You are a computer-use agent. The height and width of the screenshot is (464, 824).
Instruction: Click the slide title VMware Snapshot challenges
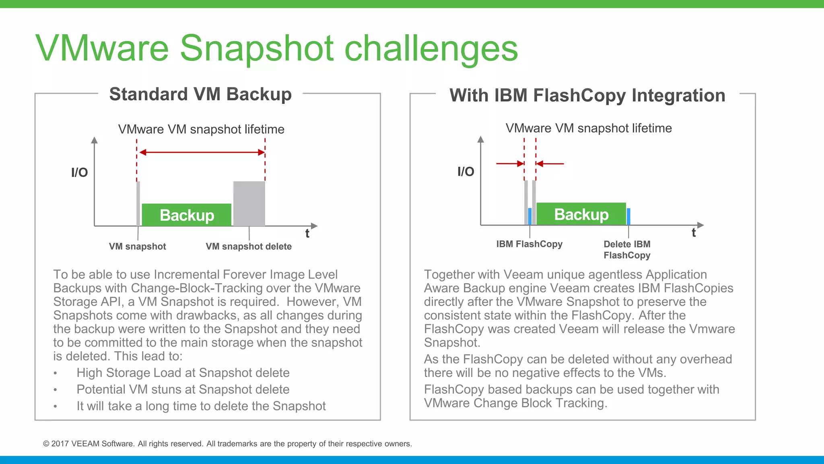[x=277, y=48]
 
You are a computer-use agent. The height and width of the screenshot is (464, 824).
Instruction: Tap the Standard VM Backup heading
[x=200, y=94]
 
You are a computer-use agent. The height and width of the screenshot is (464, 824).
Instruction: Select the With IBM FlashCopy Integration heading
[x=587, y=95]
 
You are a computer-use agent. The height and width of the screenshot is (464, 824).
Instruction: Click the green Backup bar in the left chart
[x=187, y=215]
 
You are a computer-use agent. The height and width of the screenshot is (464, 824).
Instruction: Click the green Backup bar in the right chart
[x=581, y=214]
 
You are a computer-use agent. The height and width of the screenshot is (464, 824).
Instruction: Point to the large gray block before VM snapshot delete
[x=249, y=203]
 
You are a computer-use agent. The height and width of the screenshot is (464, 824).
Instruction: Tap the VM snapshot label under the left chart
[x=137, y=246]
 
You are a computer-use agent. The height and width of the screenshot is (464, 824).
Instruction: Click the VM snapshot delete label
[x=249, y=246]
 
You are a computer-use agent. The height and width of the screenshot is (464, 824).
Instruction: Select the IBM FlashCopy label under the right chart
[x=529, y=244]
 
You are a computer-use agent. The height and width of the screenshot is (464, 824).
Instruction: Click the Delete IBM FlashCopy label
[x=627, y=250]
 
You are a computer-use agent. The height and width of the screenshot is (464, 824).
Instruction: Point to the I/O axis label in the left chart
[x=79, y=172]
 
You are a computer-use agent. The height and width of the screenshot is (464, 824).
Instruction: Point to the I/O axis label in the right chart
[x=466, y=172]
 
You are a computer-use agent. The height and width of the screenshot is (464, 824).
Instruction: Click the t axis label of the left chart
[x=307, y=234]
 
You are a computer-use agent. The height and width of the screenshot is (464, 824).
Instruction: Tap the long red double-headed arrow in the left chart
[x=201, y=152]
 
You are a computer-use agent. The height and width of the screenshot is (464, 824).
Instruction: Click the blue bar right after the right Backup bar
[x=628, y=216]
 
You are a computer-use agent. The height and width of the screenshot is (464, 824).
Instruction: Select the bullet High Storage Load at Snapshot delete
[x=183, y=373]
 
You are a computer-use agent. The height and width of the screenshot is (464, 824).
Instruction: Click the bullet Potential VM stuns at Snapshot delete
[x=183, y=389]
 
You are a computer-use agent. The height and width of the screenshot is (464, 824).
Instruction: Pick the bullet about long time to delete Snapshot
[x=201, y=406]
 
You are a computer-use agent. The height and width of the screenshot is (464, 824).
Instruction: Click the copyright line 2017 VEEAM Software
[x=227, y=444]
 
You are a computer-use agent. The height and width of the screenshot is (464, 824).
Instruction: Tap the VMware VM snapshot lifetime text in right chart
[x=589, y=128]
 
